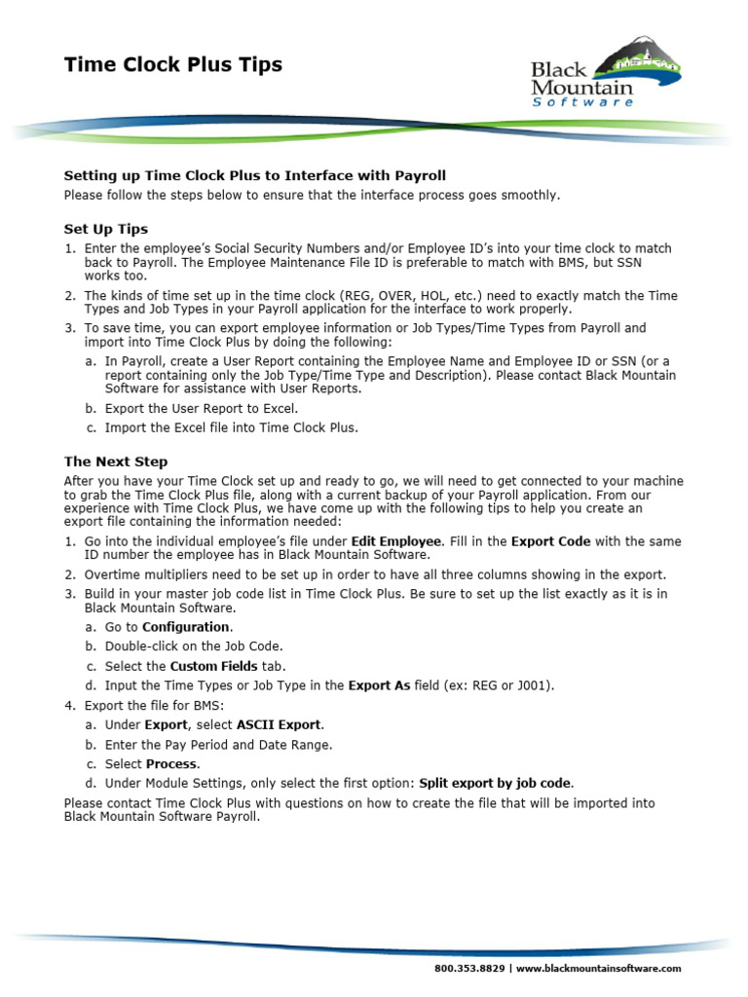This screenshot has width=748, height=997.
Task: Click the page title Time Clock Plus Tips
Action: [172, 65]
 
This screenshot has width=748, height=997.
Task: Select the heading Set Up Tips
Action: [105, 229]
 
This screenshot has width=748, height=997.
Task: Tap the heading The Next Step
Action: [115, 462]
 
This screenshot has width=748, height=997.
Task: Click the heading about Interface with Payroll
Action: [254, 175]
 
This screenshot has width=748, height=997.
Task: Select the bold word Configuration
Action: [186, 627]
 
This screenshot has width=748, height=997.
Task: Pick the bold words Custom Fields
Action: [213, 666]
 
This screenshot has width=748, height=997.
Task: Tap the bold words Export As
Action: [379, 685]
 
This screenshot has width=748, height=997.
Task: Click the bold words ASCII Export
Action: [279, 725]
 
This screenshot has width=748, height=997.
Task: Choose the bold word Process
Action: [171, 764]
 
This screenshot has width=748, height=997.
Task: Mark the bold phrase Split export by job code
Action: [496, 784]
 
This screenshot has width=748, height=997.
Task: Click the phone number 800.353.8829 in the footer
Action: [468, 969]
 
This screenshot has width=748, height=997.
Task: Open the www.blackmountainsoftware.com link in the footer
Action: [598, 969]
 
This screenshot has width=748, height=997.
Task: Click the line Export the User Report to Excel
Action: [202, 408]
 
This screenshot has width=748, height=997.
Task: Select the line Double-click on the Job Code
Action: [194, 646]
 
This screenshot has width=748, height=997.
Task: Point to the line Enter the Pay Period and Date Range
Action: [218, 745]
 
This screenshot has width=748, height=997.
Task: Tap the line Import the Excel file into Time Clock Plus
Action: [231, 427]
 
